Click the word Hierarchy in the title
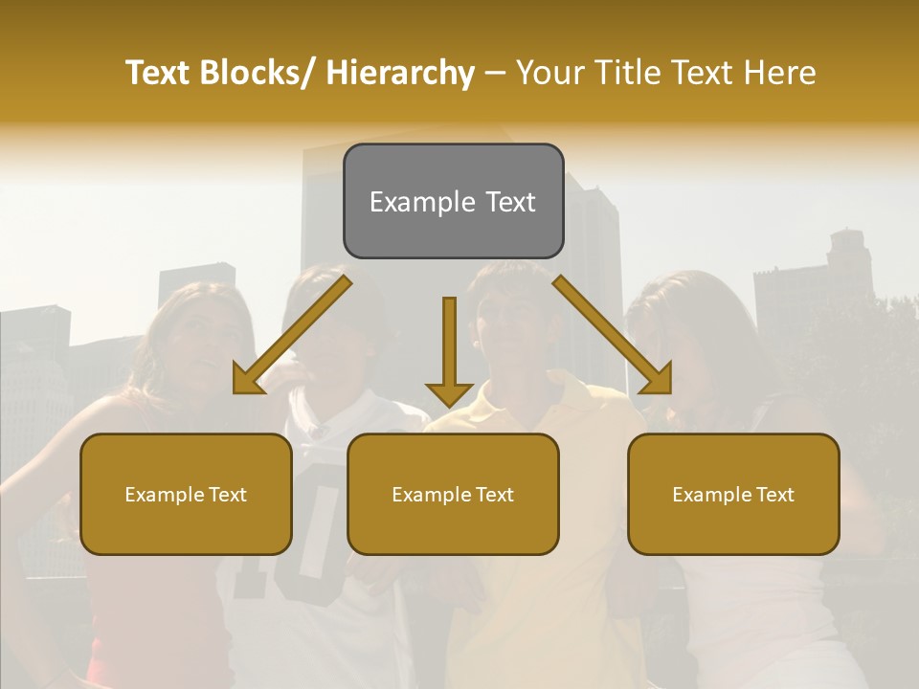click(x=400, y=73)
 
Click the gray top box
click(x=453, y=201)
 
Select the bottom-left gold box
click(x=186, y=494)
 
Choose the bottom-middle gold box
click(x=453, y=494)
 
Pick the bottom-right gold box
click(x=733, y=494)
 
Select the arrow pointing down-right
click(x=613, y=335)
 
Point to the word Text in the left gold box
click(x=227, y=495)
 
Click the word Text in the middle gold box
click(x=494, y=495)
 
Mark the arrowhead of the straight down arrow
click(x=449, y=392)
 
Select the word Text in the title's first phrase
click(x=159, y=73)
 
